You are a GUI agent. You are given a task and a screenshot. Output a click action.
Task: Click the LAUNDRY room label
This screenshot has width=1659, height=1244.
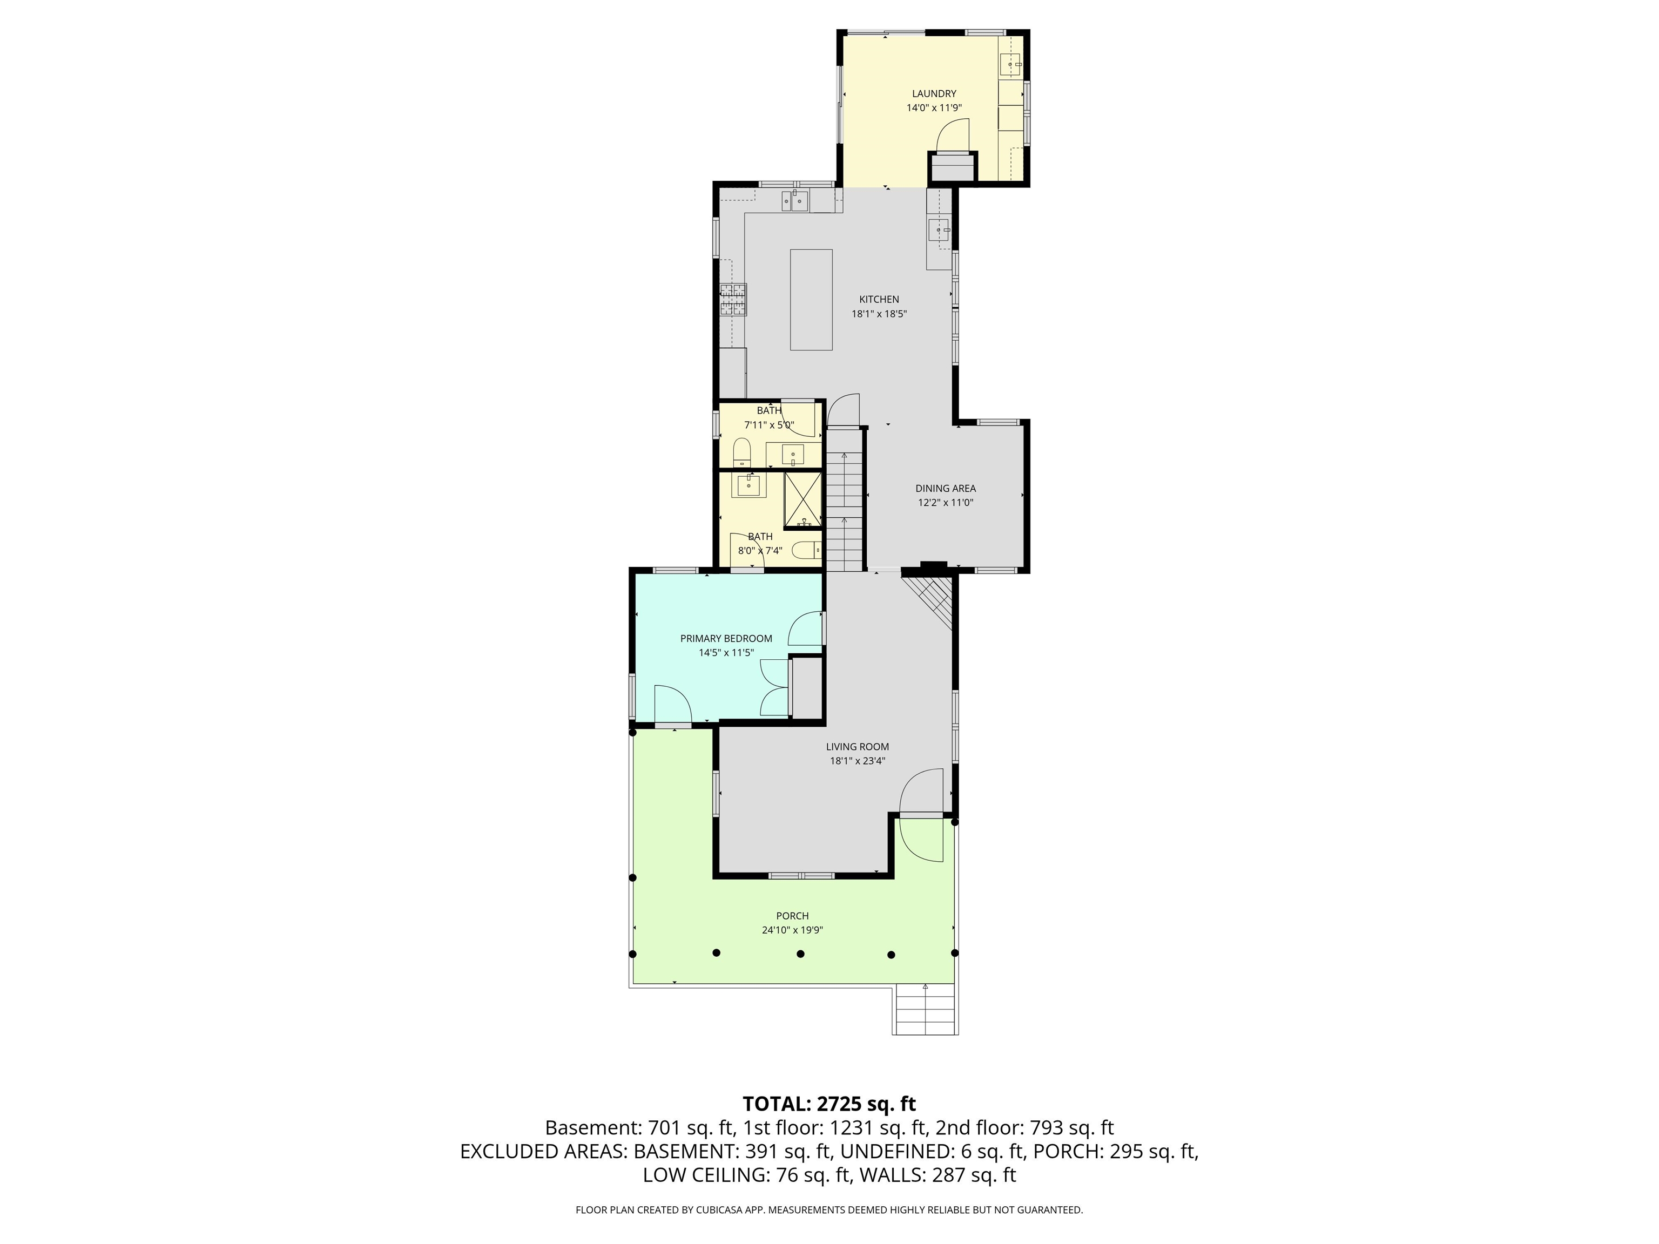[x=934, y=94]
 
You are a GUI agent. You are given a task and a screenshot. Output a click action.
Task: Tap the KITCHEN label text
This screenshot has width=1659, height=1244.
[x=879, y=299]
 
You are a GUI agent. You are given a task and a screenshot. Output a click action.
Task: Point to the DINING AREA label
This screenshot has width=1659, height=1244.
[x=945, y=489]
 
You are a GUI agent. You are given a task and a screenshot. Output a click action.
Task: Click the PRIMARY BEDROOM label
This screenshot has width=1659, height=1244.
[x=726, y=639]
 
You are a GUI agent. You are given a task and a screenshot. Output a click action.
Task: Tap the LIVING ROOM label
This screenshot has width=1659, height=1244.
[x=857, y=747]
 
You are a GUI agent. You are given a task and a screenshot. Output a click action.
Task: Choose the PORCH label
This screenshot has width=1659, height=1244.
[x=792, y=916]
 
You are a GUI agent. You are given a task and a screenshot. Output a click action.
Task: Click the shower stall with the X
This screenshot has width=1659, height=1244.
[x=803, y=499]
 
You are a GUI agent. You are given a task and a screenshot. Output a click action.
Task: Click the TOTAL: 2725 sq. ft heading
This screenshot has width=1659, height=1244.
[x=829, y=1104]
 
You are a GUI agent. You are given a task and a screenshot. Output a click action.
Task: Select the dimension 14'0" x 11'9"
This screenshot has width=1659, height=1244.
[x=934, y=108]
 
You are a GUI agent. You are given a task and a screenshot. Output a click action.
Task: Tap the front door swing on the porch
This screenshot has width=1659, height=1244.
[x=920, y=840]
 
